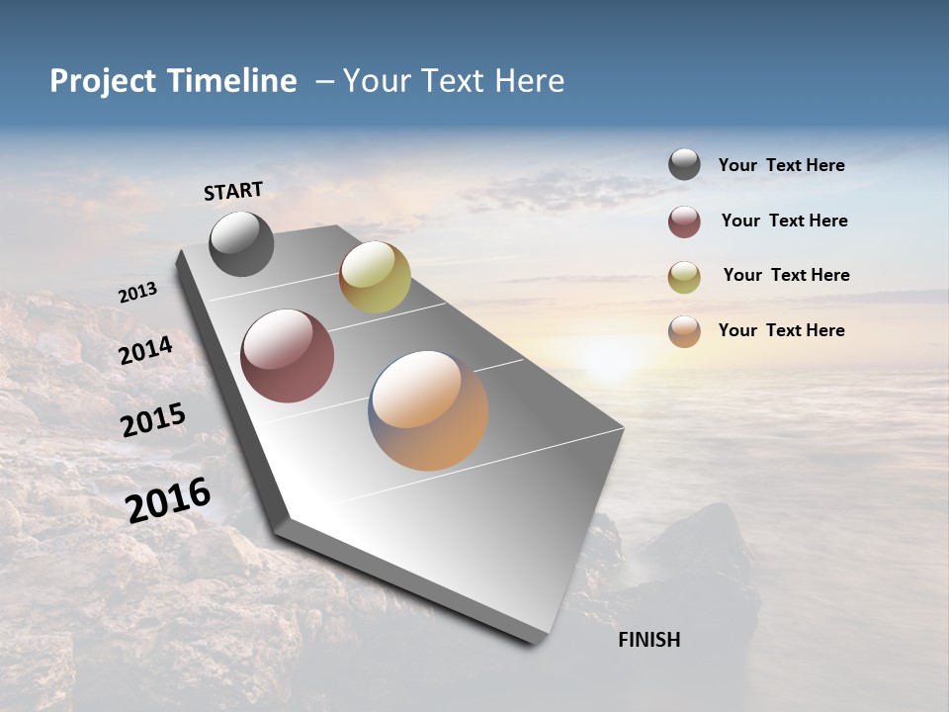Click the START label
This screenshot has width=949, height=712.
(x=233, y=191)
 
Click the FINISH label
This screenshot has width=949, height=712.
(x=648, y=640)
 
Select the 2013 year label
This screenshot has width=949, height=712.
(x=137, y=293)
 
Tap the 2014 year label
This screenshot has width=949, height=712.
(x=146, y=351)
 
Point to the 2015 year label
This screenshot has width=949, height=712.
(x=153, y=420)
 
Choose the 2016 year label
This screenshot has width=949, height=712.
(x=168, y=500)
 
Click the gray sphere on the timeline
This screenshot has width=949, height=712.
(x=241, y=244)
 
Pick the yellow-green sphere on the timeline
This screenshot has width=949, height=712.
(x=375, y=277)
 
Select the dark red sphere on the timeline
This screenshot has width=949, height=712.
(x=287, y=356)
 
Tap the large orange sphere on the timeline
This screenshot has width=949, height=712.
(x=428, y=410)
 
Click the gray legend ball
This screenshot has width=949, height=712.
(x=684, y=164)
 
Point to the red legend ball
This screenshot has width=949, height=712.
(x=684, y=222)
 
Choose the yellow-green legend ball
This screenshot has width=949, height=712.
(x=684, y=277)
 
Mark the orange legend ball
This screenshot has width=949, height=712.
(x=684, y=331)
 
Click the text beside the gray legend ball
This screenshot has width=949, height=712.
(x=781, y=165)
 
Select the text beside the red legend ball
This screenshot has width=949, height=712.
(x=784, y=221)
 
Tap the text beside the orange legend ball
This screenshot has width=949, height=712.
(x=781, y=330)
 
